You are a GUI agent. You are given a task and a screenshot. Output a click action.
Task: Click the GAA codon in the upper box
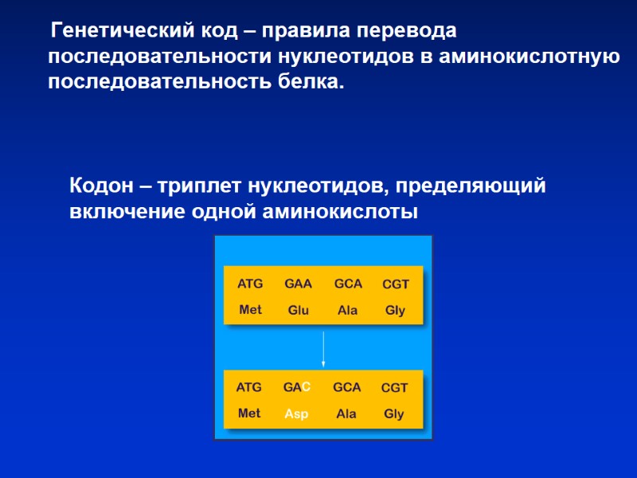click(x=298, y=284)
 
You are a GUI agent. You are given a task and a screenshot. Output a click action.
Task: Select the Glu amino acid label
click(x=298, y=310)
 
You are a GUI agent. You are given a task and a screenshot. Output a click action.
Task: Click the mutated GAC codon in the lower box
click(x=296, y=387)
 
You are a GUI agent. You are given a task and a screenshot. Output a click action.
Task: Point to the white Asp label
click(x=296, y=414)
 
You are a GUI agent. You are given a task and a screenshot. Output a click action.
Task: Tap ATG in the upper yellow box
click(x=250, y=284)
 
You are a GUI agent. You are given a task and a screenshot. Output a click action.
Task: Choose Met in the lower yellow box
click(x=249, y=414)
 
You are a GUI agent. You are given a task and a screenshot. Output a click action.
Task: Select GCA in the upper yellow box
click(x=348, y=284)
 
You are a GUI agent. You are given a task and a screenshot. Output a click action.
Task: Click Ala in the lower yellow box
click(x=346, y=414)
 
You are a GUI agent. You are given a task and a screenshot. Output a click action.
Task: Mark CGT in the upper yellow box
click(x=396, y=284)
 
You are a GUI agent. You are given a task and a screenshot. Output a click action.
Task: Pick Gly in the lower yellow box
click(x=394, y=414)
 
